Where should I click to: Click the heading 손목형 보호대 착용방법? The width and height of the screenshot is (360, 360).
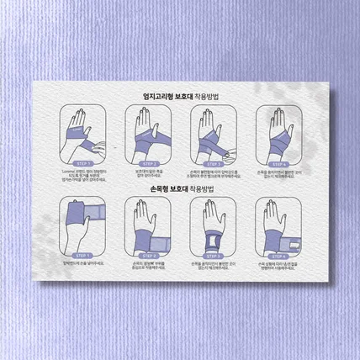[x=180, y=189]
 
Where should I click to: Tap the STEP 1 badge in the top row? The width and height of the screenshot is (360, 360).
[x=84, y=164]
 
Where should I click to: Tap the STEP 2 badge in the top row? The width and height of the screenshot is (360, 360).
[x=147, y=164]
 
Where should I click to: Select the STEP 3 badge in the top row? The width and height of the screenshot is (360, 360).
[x=211, y=164]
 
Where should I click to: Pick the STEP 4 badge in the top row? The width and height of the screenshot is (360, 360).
[x=275, y=164]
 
